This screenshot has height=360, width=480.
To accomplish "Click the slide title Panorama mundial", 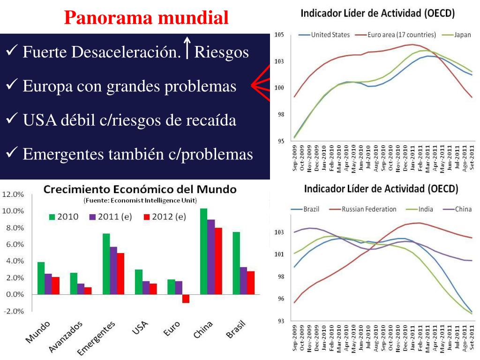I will click(x=146, y=18).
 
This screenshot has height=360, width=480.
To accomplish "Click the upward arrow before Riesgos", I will click(x=187, y=48).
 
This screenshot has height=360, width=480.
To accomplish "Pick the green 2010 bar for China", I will click(x=203, y=251).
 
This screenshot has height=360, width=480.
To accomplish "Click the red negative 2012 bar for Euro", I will click(x=186, y=299).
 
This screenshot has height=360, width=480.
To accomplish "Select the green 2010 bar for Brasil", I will click(x=236, y=263).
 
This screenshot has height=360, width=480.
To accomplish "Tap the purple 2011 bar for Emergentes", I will click(x=113, y=270).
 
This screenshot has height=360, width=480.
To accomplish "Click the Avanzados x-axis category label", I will click(x=67, y=336).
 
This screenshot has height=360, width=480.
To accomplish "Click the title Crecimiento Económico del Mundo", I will click(x=140, y=190).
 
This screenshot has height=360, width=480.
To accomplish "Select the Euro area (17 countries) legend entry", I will click(x=402, y=35).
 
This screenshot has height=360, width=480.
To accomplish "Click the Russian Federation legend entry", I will click(x=369, y=209).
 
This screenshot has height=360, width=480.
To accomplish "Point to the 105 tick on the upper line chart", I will click(x=279, y=35).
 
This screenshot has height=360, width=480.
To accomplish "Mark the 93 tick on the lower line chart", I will click(x=279, y=321).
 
